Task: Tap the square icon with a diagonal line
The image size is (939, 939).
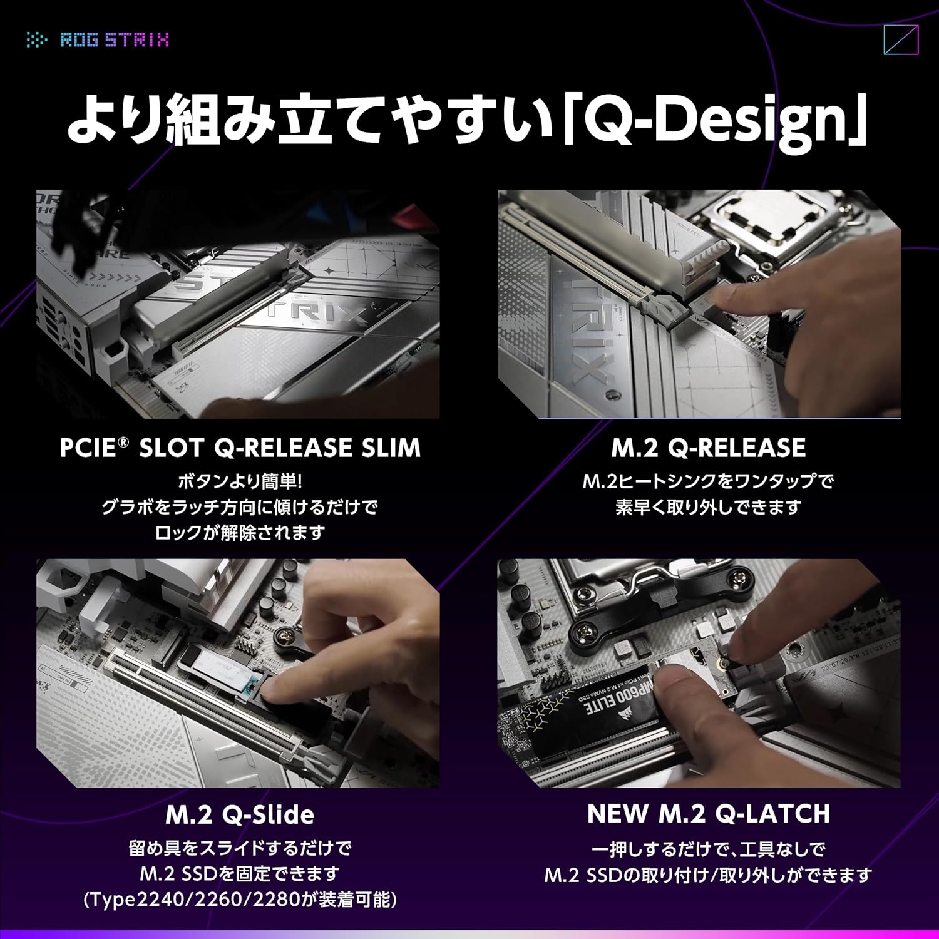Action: click(x=901, y=41)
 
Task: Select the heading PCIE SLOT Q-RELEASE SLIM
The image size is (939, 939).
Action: click(x=240, y=448)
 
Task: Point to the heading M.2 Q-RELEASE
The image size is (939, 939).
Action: click(x=709, y=448)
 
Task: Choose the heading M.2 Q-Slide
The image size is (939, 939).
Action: click(x=240, y=815)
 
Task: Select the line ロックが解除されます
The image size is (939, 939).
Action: click(x=240, y=533)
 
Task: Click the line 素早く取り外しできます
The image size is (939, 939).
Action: click(x=709, y=507)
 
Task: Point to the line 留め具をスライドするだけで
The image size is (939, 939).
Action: click(x=240, y=849)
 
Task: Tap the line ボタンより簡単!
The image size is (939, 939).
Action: click(x=240, y=481)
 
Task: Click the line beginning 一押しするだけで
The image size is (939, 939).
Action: click(x=709, y=849)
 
